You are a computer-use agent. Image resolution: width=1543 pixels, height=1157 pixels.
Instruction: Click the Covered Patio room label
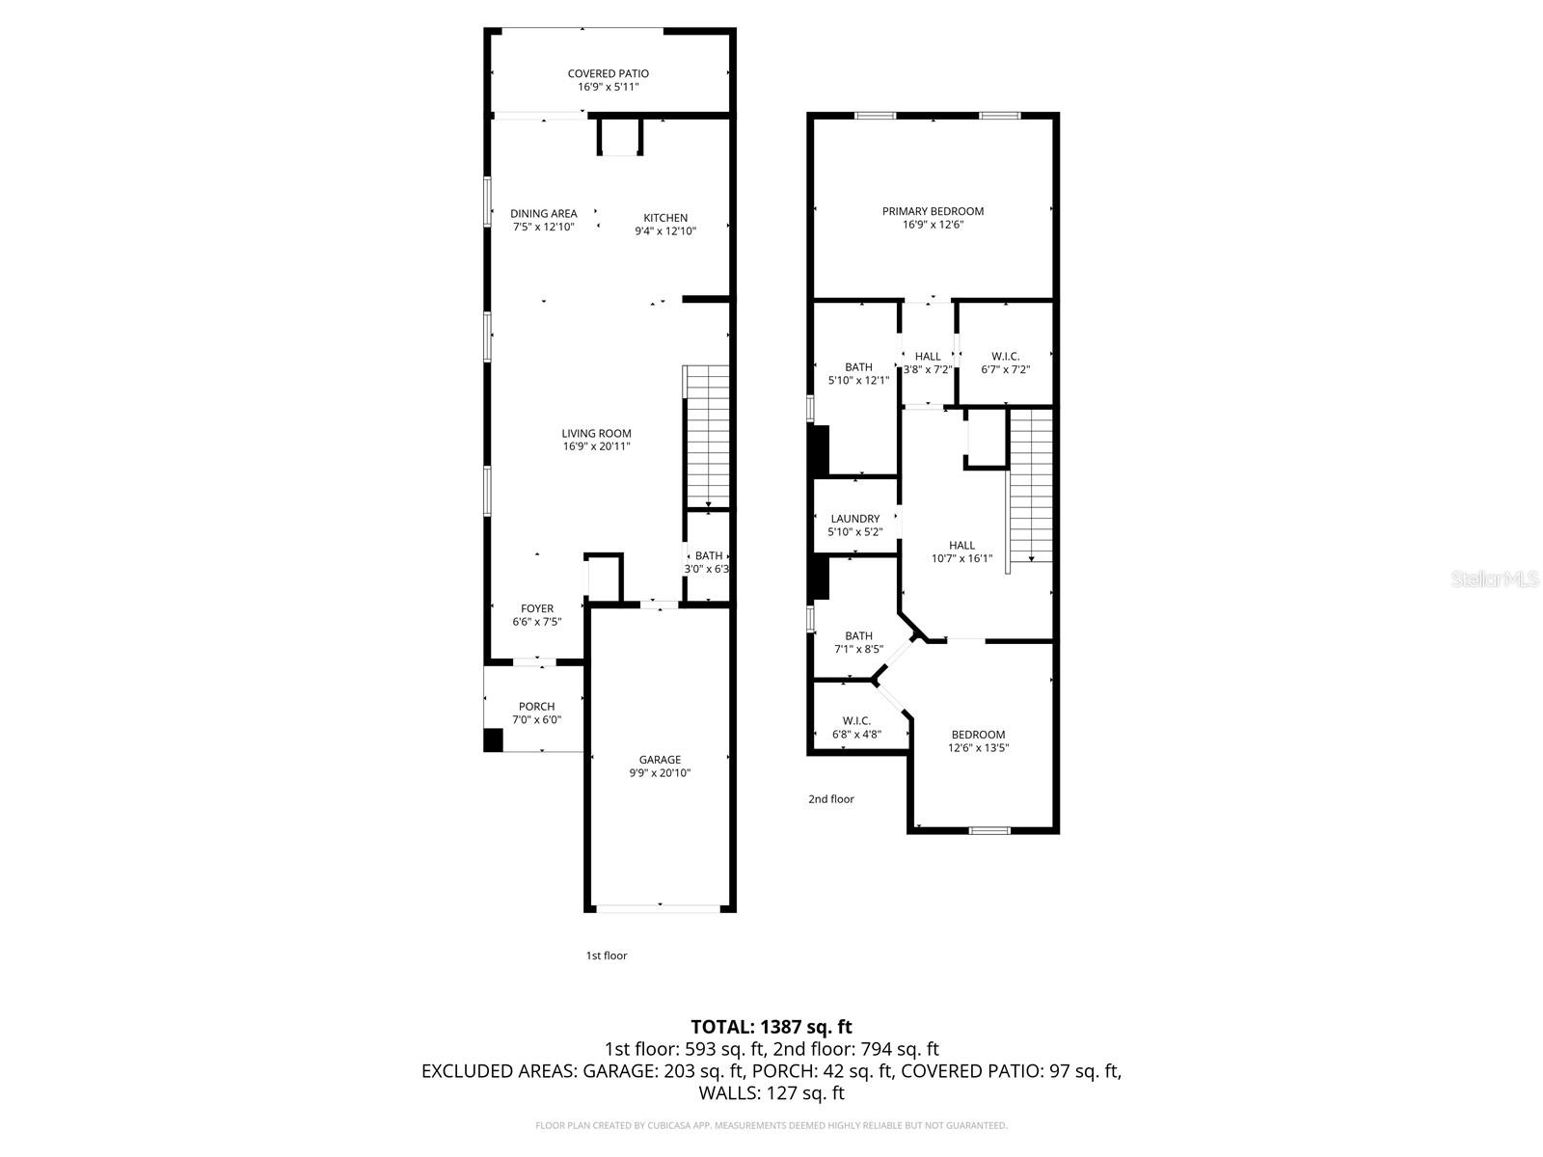tap(608, 73)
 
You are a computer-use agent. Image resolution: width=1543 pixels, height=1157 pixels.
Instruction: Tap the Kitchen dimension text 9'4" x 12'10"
tap(665, 231)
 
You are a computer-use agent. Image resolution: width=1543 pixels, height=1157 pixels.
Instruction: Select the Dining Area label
tap(544, 214)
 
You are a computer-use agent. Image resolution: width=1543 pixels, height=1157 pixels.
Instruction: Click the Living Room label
tap(596, 434)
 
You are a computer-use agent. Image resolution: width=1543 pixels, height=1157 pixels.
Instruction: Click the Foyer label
tap(537, 608)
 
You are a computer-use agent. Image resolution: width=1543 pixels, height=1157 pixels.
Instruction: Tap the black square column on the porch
tap(493, 740)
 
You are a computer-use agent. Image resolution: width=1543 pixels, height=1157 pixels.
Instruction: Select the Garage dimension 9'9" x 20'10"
tap(660, 773)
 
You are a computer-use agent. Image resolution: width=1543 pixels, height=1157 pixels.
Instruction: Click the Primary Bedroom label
tap(933, 211)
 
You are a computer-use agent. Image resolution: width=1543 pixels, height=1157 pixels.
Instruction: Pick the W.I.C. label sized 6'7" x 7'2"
tap(1005, 357)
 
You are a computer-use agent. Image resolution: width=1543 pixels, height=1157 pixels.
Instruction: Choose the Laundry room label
tap(854, 519)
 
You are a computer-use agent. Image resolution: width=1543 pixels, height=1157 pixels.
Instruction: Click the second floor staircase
tap(1031, 487)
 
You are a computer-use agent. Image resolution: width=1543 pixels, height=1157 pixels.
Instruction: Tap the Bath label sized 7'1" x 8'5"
tap(858, 636)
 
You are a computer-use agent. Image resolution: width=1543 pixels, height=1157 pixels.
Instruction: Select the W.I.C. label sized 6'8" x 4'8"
tap(856, 721)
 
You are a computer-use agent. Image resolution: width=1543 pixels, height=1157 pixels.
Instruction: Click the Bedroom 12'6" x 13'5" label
tap(978, 735)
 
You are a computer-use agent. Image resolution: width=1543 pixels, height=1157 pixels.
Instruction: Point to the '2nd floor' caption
tap(830, 799)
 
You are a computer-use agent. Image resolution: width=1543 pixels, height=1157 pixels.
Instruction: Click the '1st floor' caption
tap(607, 955)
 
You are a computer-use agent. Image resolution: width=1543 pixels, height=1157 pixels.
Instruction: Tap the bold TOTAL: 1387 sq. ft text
tap(771, 1027)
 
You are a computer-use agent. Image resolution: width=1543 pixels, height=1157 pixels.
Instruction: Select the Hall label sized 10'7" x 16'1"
tap(961, 546)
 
